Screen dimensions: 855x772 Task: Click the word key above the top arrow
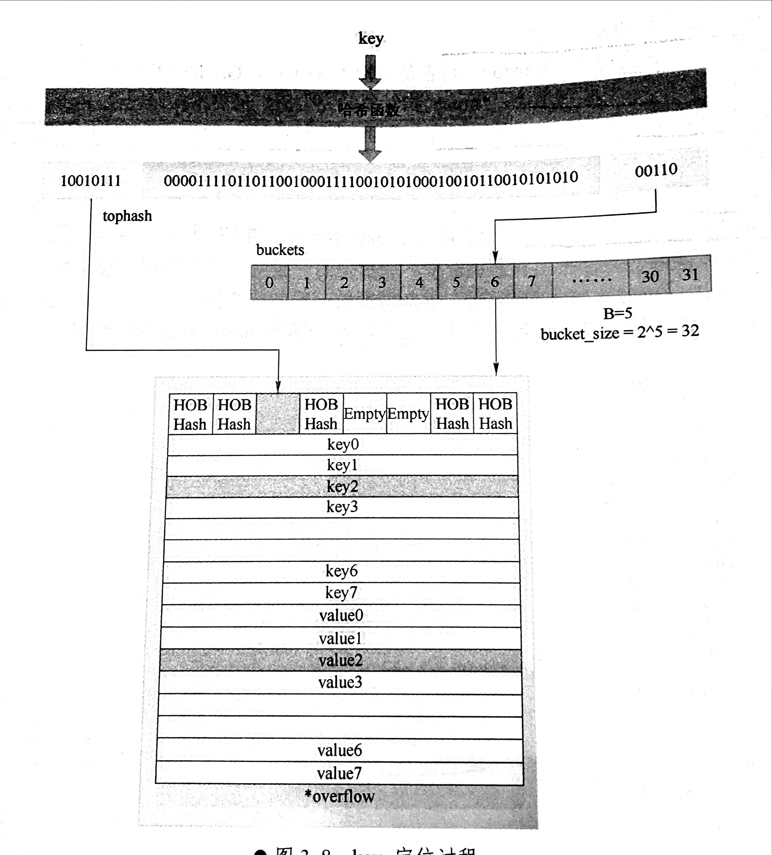point(371,39)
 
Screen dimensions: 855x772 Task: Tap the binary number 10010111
point(91,181)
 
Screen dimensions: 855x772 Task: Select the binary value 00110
point(656,171)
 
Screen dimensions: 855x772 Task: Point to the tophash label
point(127,216)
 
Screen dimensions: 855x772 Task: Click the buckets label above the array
point(280,250)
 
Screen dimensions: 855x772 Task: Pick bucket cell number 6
point(494,282)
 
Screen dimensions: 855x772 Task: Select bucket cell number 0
point(269,283)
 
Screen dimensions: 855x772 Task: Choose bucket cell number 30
point(649,276)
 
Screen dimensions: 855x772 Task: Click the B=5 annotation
point(618,313)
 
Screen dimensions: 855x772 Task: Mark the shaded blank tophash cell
point(278,414)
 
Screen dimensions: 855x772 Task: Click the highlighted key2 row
point(342,486)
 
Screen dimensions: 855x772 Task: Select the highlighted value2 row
point(341,660)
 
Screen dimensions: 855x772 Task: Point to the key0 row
point(343,445)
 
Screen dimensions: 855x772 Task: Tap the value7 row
point(339,774)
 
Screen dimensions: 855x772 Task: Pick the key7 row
point(341,593)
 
